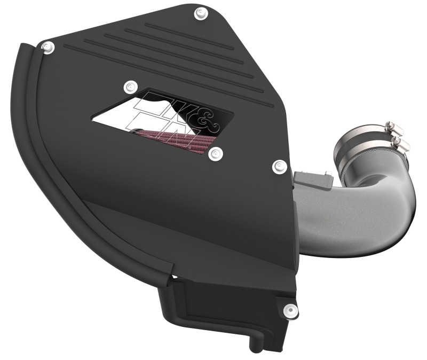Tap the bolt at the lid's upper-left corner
click(47, 47)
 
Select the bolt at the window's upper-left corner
click(128, 86)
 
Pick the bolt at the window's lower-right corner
click(215, 154)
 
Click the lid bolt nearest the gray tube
click(278, 167)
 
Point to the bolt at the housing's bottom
click(289, 308)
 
